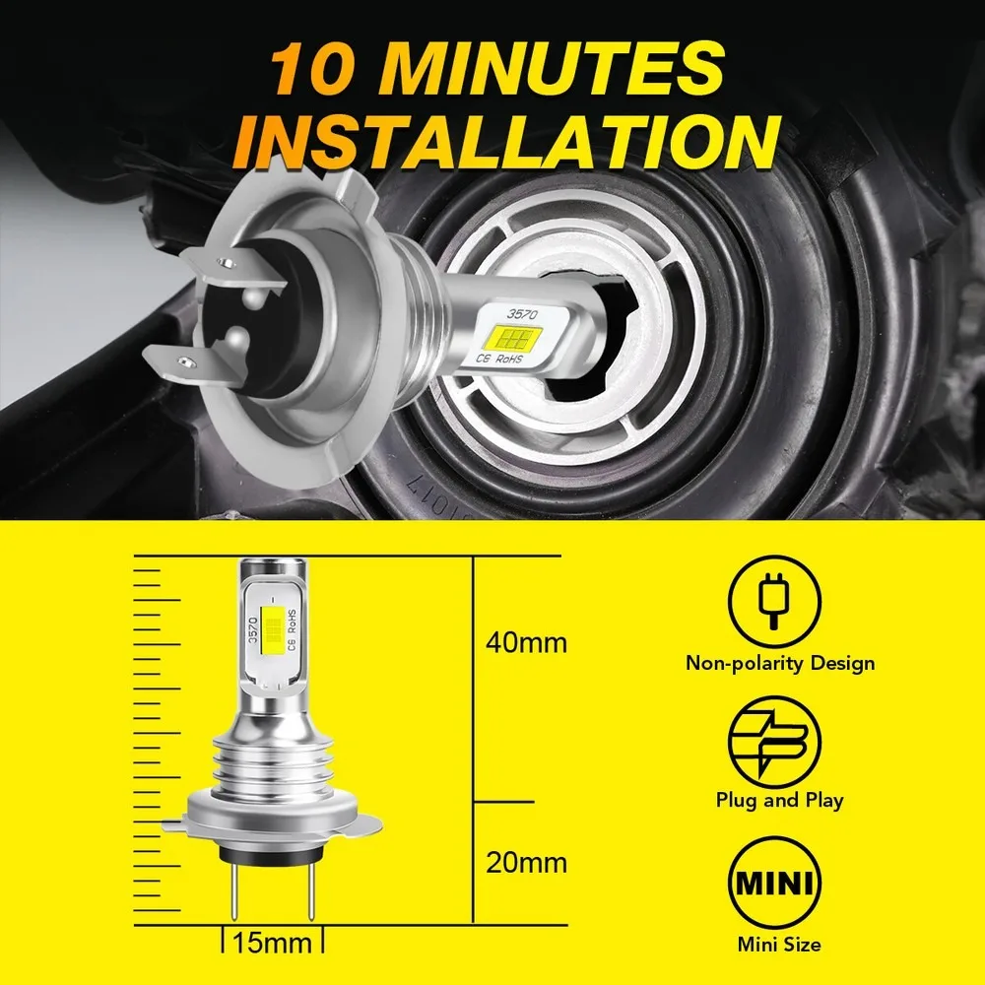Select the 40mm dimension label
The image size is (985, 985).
pyautogui.click(x=526, y=643)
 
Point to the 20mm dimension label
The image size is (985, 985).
pyautogui.click(x=526, y=863)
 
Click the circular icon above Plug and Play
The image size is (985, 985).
pyautogui.click(x=773, y=739)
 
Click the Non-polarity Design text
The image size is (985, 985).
pyautogui.click(x=780, y=662)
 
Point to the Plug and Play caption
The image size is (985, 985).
pyautogui.click(x=779, y=800)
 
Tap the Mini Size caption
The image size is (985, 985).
pyautogui.click(x=778, y=944)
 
